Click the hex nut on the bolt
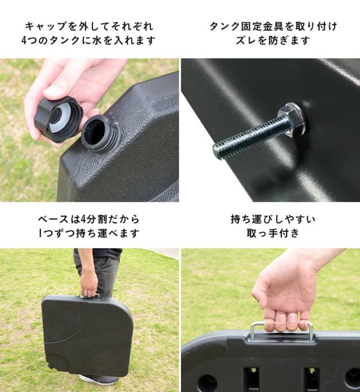click(x=291, y=119)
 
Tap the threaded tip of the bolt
click(x=217, y=151)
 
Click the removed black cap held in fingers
click(x=58, y=119)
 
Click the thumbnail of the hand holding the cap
click(x=51, y=92)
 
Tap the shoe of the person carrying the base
click(x=99, y=380)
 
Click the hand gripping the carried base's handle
click(x=88, y=285)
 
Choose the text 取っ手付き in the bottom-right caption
click(x=273, y=233)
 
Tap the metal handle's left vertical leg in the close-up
click(x=253, y=332)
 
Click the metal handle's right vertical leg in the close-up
click(x=310, y=332)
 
